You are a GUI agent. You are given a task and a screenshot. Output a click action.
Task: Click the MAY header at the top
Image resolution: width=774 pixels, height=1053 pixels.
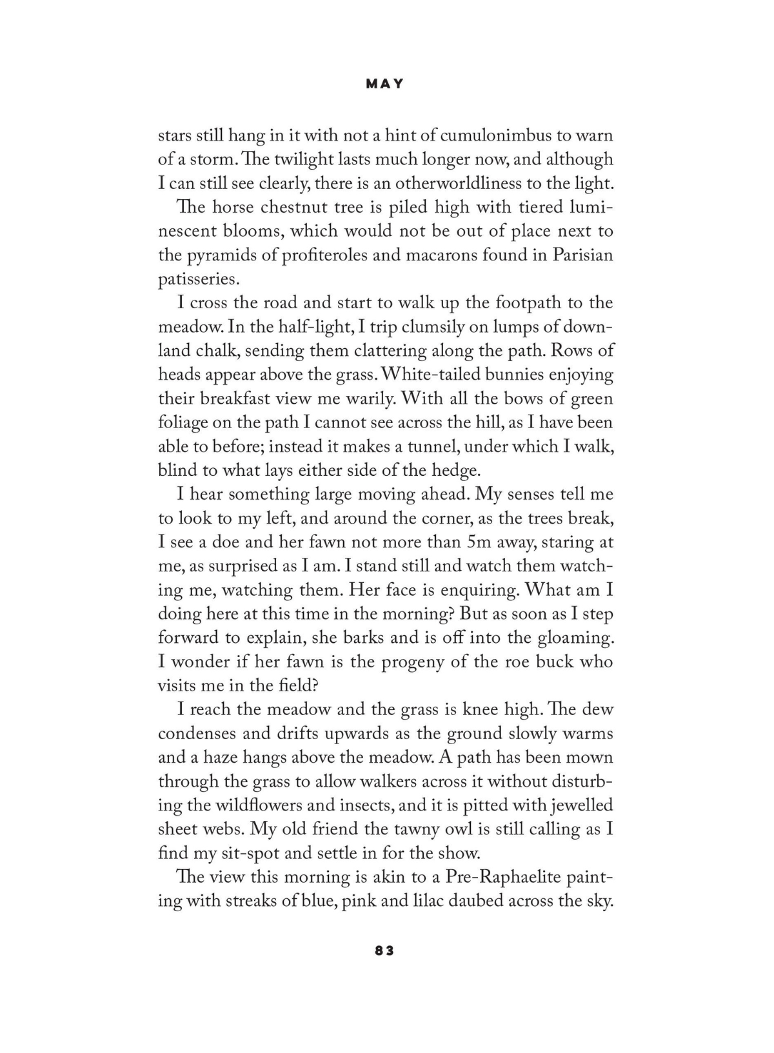tap(384, 84)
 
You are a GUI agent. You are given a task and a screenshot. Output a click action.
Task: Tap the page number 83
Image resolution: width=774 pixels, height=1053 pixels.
tap(384, 950)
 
